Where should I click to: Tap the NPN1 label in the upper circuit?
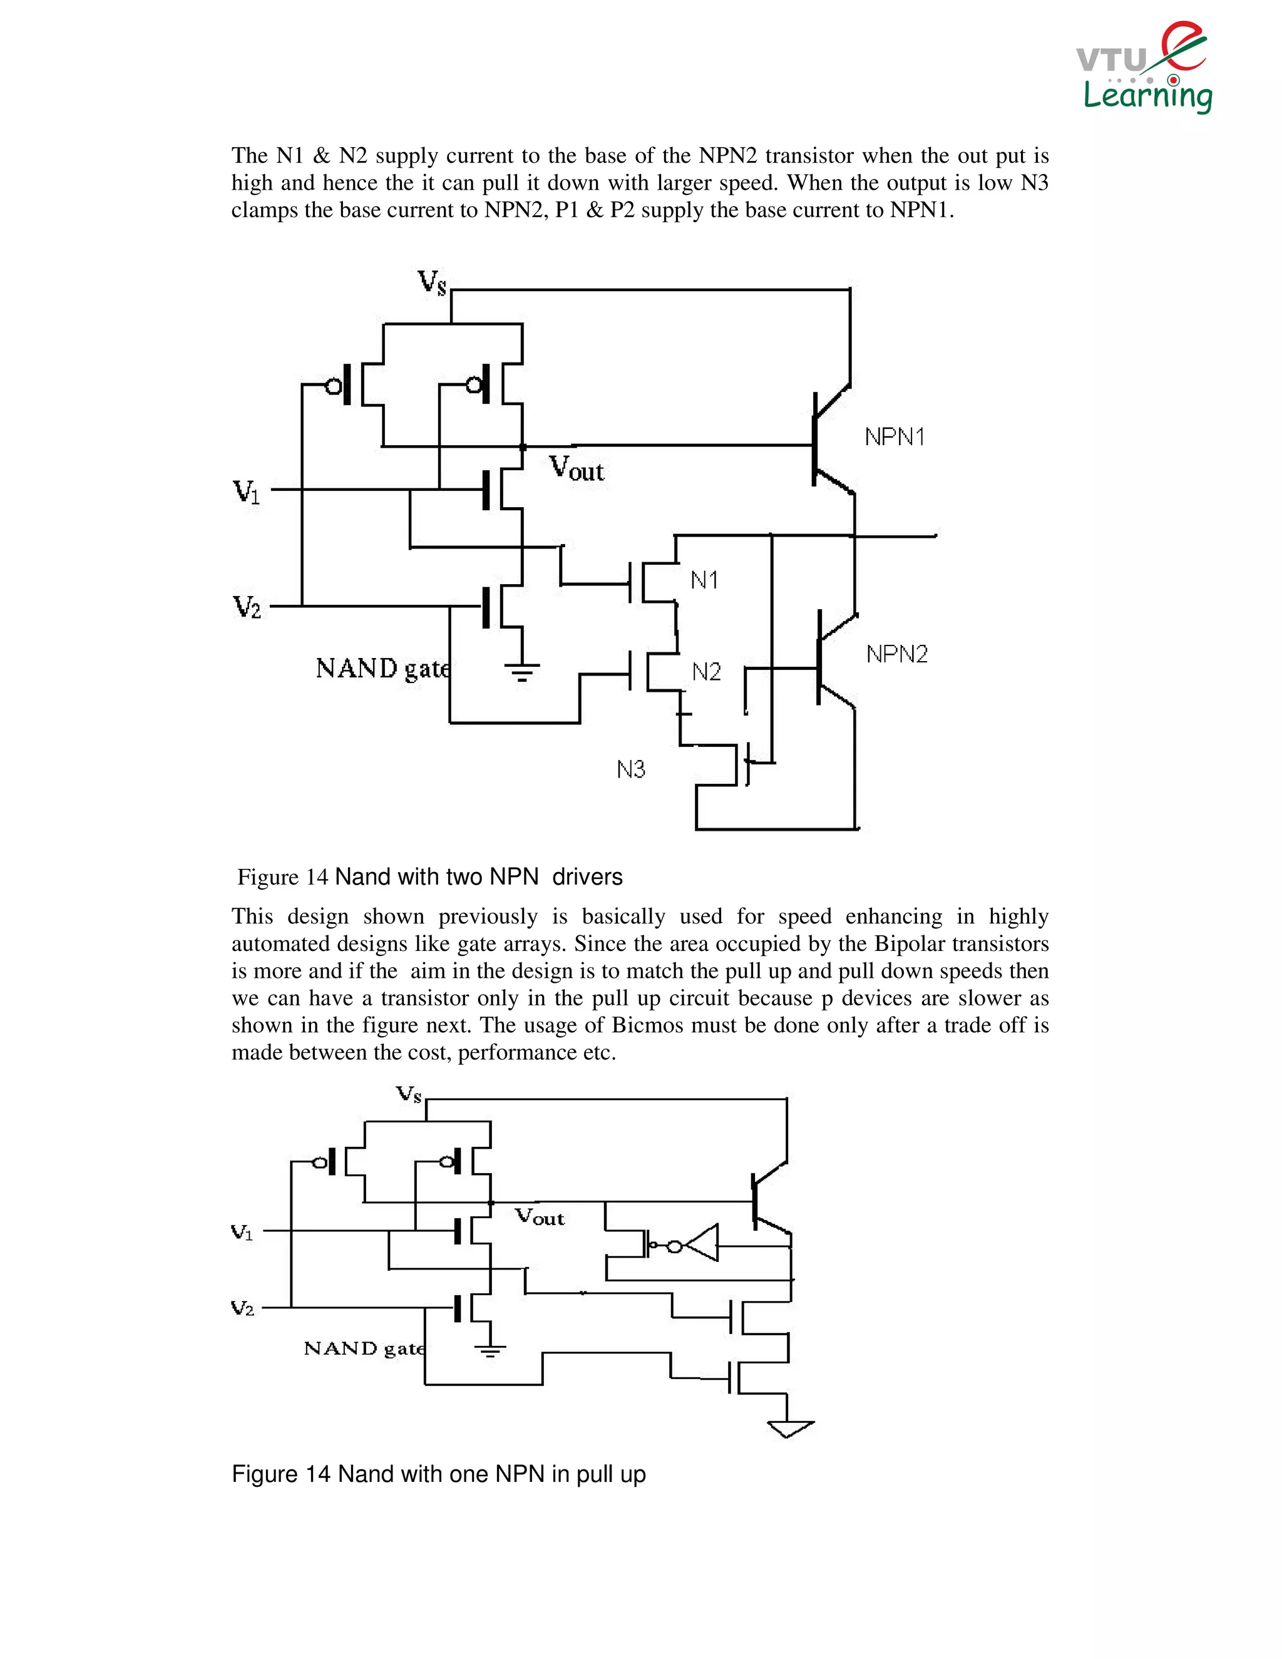(x=894, y=437)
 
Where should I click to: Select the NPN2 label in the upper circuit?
(x=896, y=654)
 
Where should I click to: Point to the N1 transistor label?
(x=704, y=580)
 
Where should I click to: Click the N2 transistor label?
(x=705, y=672)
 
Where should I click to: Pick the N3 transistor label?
(x=630, y=769)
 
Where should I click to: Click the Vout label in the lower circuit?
(x=540, y=1217)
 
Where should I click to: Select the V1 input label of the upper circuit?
(x=246, y=492)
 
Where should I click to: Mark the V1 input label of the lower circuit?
(x=242, y=1232)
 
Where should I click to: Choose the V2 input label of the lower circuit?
(x=242, y=1307)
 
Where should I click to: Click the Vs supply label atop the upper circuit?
(x=432, y=282)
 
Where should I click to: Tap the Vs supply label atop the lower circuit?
(x=409, y=1094)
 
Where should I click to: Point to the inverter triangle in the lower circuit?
(x=702, y=1243)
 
